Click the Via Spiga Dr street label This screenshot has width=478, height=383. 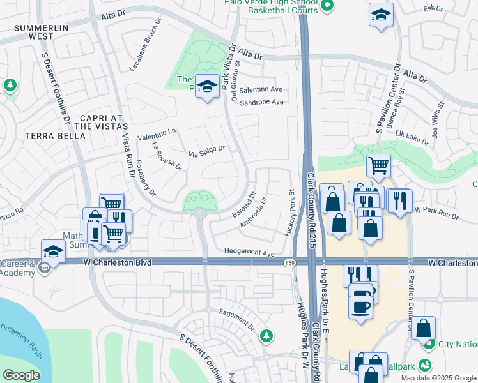coord(207,151)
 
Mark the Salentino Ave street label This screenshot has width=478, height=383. coord(260,90)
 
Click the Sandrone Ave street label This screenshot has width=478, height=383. coord(261,102)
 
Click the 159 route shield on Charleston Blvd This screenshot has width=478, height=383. coord(288,262)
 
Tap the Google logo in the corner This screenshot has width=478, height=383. coord(21,375)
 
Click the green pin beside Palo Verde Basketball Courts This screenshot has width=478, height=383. coord(327,6)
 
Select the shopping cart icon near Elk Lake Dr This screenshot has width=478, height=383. coord(378,165)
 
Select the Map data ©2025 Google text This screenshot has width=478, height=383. coord(438,377)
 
